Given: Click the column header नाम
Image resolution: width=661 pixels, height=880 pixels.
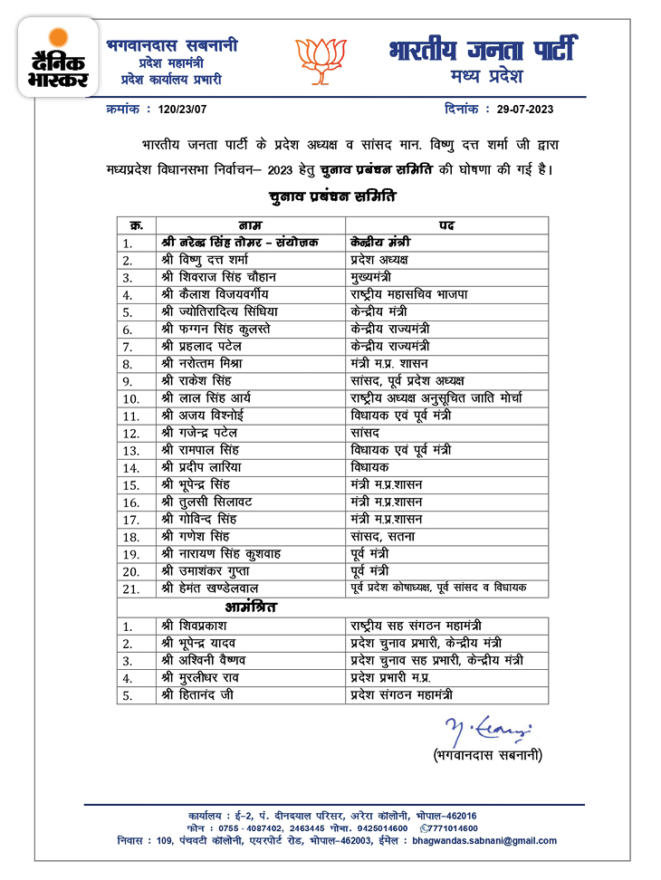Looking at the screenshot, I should click(250, 225).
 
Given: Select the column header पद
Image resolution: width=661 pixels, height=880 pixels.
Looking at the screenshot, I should click(445, 225).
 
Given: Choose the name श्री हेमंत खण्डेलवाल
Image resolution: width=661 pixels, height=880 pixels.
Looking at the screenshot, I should click(222, 588).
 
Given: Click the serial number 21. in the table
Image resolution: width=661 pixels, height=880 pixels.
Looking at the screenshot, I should click(132, 589).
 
